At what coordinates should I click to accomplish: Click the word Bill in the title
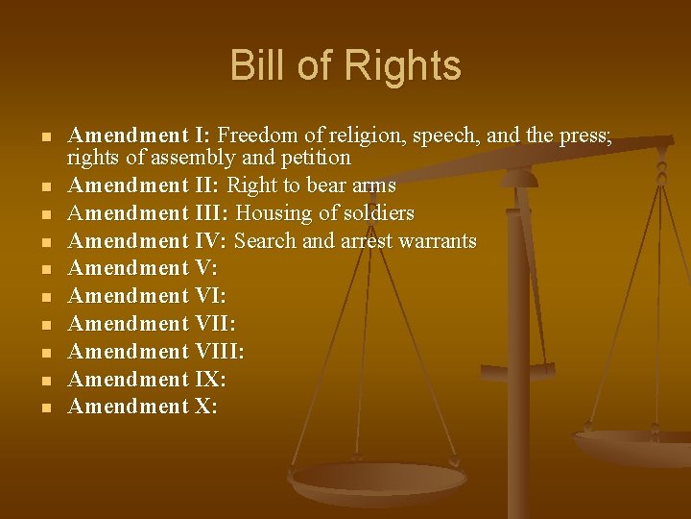(255, 65)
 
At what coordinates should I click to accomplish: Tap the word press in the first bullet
(582, 136)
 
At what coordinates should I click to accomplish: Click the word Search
(265, 240)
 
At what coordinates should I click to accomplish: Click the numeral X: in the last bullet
(206, 407)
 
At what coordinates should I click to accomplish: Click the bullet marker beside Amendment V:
(45, 269)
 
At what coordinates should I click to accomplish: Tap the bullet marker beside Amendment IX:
(45, 381)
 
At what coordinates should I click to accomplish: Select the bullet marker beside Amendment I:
(45, 136)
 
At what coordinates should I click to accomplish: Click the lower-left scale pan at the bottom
(378, 480)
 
